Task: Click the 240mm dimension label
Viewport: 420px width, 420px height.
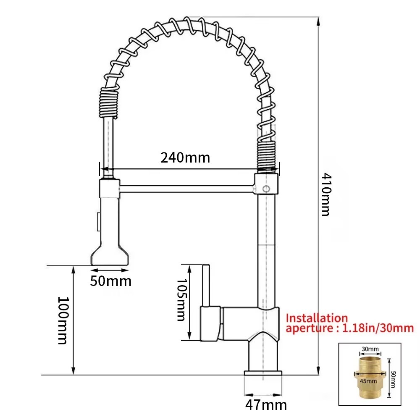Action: (x=185, y=157)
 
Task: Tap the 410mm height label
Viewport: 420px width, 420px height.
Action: (x=326, y=194)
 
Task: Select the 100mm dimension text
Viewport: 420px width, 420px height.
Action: (x=63, y=320)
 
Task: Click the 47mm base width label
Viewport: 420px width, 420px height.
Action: (x=266, y=405)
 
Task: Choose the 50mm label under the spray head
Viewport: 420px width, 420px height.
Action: (x=110, y=281)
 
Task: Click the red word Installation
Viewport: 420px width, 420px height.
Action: (x=317, y=318)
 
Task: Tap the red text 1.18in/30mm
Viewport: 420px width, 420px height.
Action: (x=378, y=328)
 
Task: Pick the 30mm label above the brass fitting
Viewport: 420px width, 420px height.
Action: (x=370, y=349)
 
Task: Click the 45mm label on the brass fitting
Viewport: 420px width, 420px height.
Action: (x=368, y=381)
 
